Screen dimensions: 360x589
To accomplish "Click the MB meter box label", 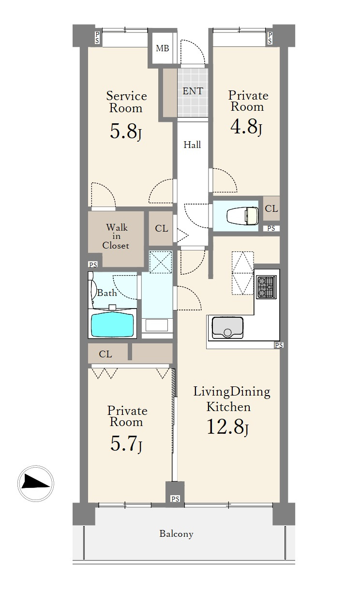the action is click(163, 48).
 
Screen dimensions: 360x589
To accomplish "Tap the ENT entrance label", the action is click(193, 91).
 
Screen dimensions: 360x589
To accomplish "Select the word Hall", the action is click(192, 145).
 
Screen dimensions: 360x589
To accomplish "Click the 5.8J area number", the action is click(125, 132).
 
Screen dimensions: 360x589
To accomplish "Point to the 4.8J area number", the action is click(246, 127).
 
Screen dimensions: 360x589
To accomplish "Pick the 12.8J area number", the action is click(227, 427).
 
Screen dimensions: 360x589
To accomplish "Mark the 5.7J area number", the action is click(126, 443).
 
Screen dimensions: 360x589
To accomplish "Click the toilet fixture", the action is click(242, 216).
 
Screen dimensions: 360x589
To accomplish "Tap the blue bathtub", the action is click(112, 324).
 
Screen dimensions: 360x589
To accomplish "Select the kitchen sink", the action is click(227, 328).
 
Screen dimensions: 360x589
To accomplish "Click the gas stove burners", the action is click(266, 287).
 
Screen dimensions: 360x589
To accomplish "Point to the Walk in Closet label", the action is click(116, 236).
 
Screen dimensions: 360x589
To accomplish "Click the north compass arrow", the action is click(35, 484).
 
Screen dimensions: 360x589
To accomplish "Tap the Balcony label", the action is click(176, 534).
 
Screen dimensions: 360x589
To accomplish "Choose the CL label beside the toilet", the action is click(271, 208).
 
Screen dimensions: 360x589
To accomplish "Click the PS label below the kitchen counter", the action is click(279, 345).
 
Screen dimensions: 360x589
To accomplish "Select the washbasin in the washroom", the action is click(157, 325).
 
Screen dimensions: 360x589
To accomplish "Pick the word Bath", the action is click(107, 293).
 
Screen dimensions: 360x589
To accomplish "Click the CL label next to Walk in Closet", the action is click(161, 228).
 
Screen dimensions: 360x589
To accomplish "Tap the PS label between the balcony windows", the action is click(175, 499).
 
